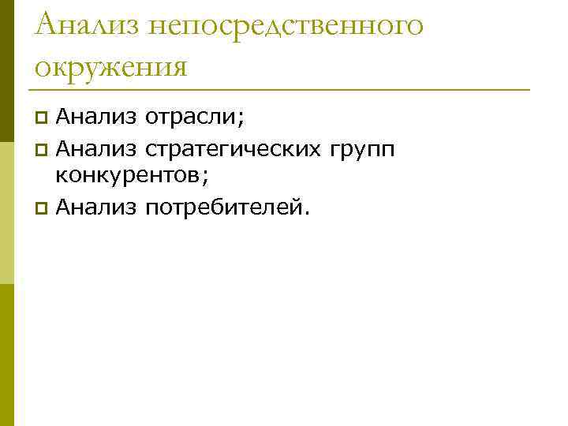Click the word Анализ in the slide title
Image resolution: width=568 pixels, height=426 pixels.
89,25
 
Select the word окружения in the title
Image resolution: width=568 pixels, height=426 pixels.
111,65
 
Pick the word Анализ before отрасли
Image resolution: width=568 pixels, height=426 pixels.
97,117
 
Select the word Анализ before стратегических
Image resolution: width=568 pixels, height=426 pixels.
97,147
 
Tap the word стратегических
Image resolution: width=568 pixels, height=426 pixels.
232,148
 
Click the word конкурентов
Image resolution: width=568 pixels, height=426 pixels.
128,177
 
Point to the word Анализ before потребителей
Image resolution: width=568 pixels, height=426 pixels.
97,207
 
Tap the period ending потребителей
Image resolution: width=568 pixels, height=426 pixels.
308,212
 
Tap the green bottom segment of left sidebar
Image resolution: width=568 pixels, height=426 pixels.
6,355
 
